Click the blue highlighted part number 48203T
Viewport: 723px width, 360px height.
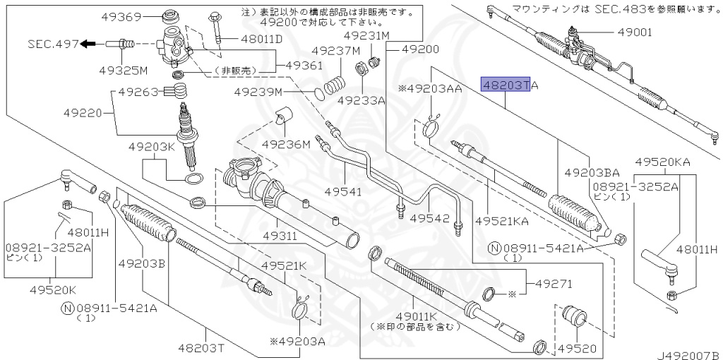(505, 85)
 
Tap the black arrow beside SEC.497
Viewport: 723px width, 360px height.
(88, 44)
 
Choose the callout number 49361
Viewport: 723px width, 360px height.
(304, 66)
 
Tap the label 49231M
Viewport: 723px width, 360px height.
(366, 35)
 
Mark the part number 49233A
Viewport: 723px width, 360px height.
(361, 100)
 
